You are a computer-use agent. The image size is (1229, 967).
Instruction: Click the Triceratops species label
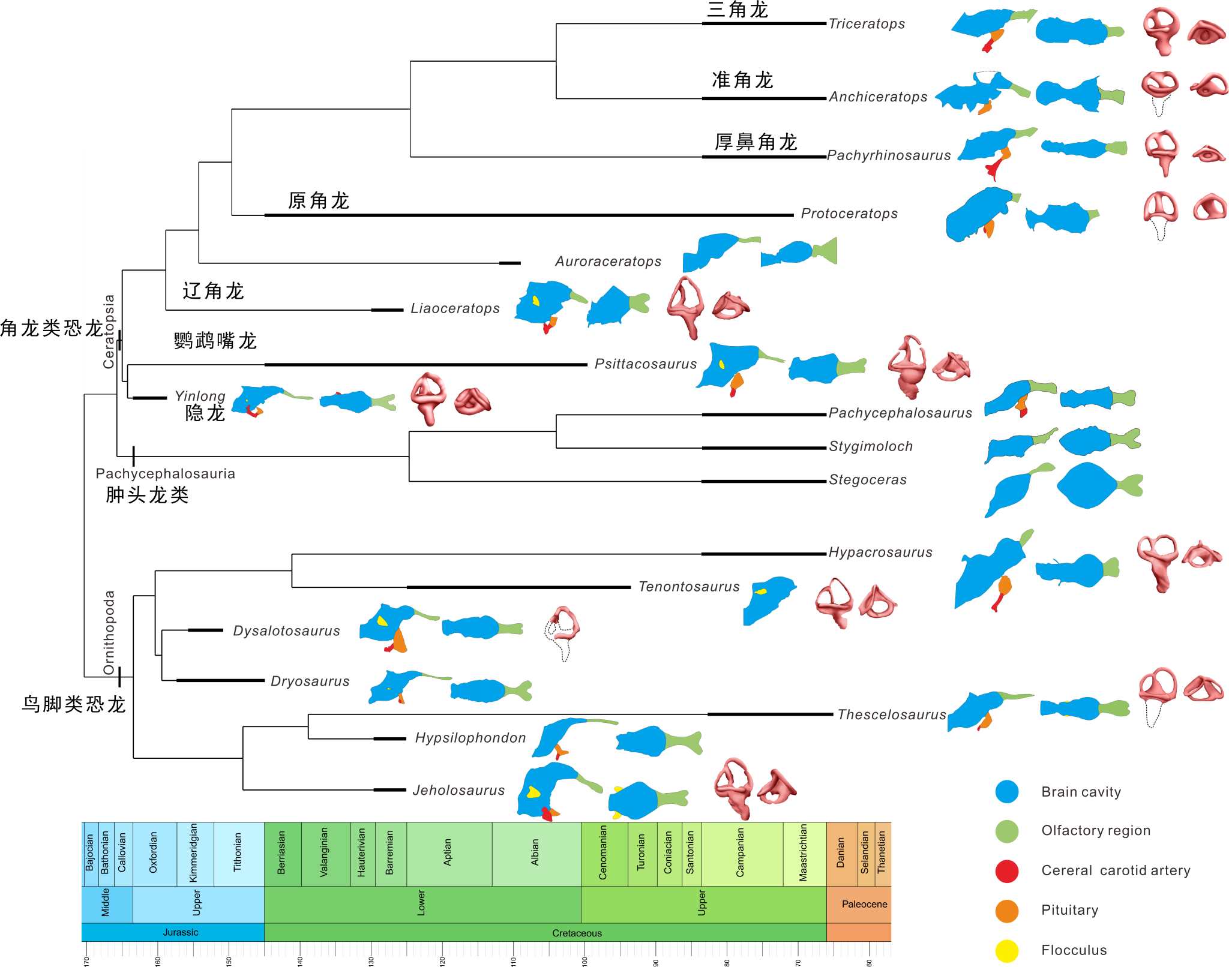tap(867, 24)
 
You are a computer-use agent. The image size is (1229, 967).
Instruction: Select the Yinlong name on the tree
tap(200, 396)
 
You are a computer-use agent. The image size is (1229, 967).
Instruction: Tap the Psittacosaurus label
tap(645, 364)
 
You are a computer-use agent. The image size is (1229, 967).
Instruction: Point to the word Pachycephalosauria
tap(165, 474)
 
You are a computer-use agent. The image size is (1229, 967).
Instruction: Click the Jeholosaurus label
tap(458, 791)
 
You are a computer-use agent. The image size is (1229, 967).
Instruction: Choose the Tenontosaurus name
tap(689, 587)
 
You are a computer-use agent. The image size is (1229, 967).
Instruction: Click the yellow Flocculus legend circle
tap(1006, 951)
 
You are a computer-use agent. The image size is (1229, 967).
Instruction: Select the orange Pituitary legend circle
tap(1006, 911)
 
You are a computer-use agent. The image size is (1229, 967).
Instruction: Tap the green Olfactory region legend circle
tap(1006, 831)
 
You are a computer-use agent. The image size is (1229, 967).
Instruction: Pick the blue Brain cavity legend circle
tap(1006, 792)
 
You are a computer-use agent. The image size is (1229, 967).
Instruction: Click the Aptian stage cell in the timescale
tap(448, 853)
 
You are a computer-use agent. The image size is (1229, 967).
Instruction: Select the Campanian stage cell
tap(741, 853)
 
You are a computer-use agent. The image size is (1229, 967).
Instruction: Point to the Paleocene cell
tap(864, 905)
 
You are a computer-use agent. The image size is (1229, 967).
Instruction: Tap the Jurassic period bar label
tap(180, 932)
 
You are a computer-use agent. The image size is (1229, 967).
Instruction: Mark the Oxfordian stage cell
tap(154, 853)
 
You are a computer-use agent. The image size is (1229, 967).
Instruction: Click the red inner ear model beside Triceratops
tap(1161, 30)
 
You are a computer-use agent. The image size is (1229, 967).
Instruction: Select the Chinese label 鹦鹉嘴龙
tap(215, 341)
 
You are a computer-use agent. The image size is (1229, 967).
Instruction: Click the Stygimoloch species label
tap(871, 446)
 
